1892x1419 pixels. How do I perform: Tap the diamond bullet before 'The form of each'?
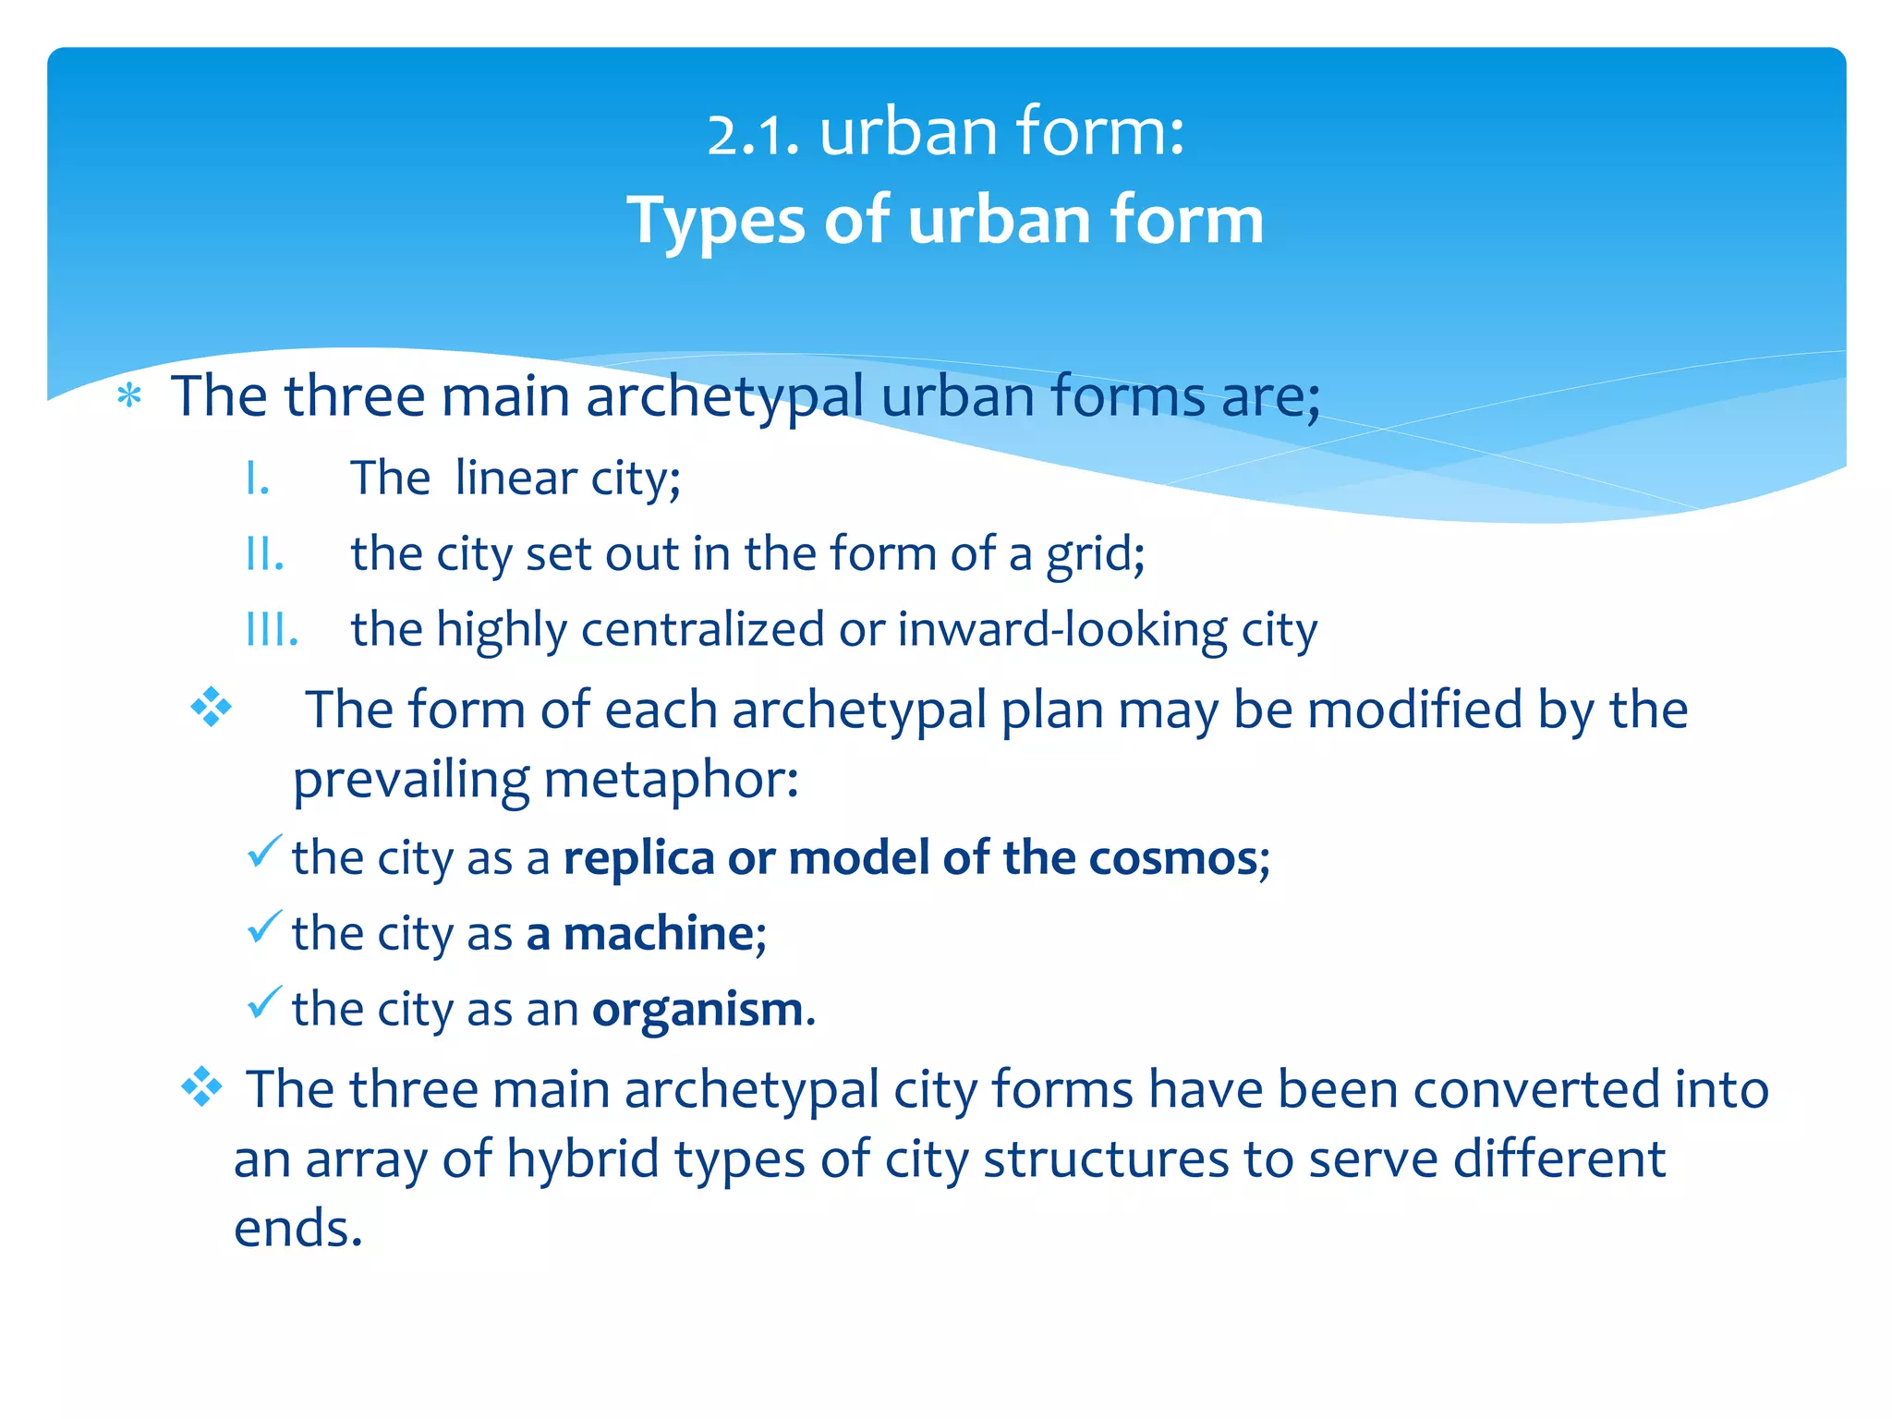click(211, 708)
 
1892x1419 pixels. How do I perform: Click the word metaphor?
click(671, 781)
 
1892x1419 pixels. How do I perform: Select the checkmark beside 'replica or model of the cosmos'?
click(264, 851)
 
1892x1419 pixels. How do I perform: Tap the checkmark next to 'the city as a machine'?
click(264, 927)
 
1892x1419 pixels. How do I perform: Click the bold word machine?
click(664, 934)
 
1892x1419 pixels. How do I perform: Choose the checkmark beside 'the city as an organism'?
click(264, 1002)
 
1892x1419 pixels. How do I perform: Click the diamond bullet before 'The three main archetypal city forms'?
click(201, 1087)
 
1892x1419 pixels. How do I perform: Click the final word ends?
click(297, 1230)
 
